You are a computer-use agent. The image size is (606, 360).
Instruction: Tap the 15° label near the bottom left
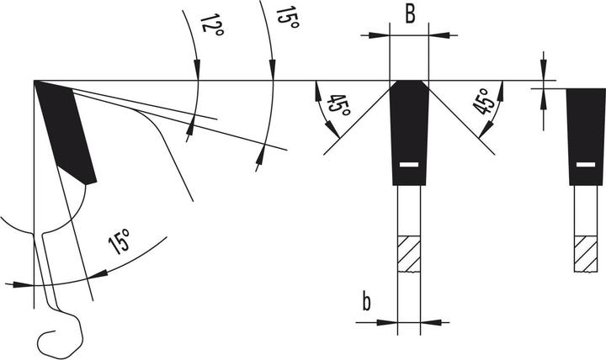120,245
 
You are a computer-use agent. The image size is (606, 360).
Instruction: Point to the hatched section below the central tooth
409,252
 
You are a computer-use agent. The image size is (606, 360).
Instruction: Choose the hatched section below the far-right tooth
582,252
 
